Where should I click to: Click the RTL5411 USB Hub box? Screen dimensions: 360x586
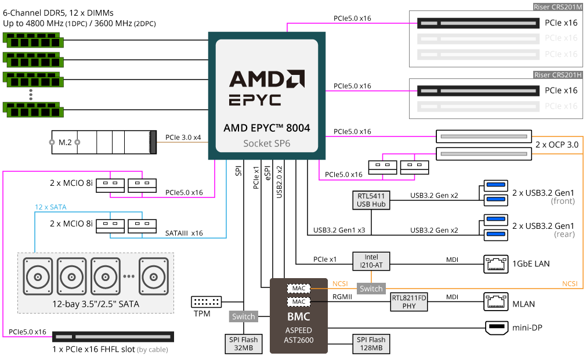pos(371,200)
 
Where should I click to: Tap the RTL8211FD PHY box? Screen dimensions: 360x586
pos(408,302)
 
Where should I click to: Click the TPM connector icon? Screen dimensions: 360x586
pos(207,302)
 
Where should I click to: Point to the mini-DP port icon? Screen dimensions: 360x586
pos(497,328)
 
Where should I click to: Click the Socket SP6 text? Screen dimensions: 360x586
pos(267,143)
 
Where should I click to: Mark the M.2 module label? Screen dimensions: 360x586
pos(65,142)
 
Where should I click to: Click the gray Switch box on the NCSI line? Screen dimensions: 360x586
pos(371,289)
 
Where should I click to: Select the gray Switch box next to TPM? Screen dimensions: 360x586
pos(244,316)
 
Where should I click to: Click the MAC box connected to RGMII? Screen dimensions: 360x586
pos(299,302)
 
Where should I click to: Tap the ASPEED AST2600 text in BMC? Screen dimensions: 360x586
pos(299,335)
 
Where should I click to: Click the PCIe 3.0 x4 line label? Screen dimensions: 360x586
pos(183,138)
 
